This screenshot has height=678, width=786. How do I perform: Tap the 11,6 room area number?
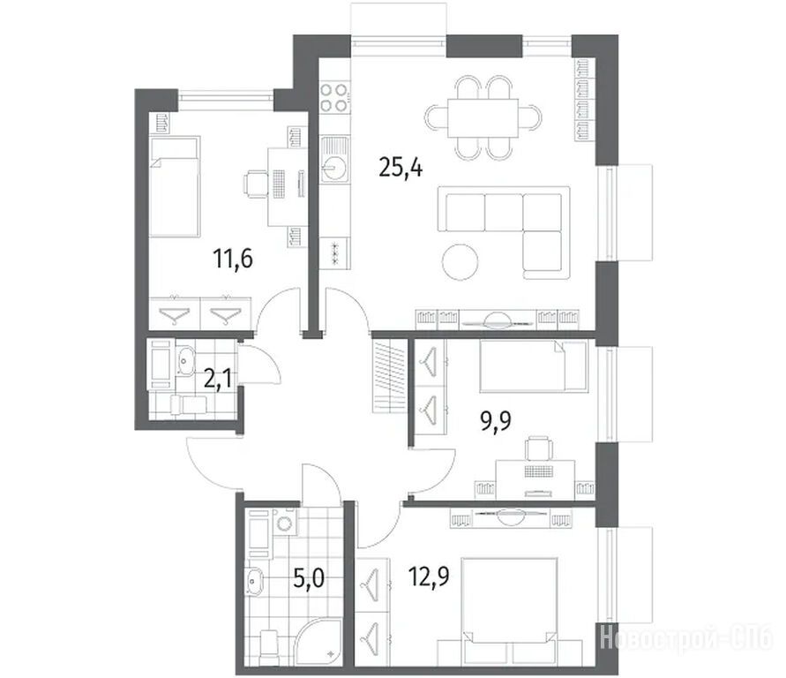click(233, 259)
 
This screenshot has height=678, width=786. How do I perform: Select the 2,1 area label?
click(218, 379)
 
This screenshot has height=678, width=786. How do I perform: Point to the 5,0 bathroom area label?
click(309, 579)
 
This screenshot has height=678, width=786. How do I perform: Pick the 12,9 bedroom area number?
click(429, 576)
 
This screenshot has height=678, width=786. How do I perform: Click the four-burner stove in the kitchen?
click(334, 97)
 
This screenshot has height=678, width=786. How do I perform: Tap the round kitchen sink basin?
click(333, 168)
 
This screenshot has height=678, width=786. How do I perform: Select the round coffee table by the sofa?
click(460, 262)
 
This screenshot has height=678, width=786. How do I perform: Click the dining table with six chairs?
click(483, 117)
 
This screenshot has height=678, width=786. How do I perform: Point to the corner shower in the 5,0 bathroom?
click(318, 643)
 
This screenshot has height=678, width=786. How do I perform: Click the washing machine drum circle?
click(285, 524)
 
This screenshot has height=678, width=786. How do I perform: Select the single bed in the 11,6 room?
click(175, 186)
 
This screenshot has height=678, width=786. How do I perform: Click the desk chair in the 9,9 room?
click(539, 448)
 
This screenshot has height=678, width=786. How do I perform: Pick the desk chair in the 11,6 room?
click(256, 184)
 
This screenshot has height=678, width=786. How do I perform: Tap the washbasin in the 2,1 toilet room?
click(185, 360)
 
